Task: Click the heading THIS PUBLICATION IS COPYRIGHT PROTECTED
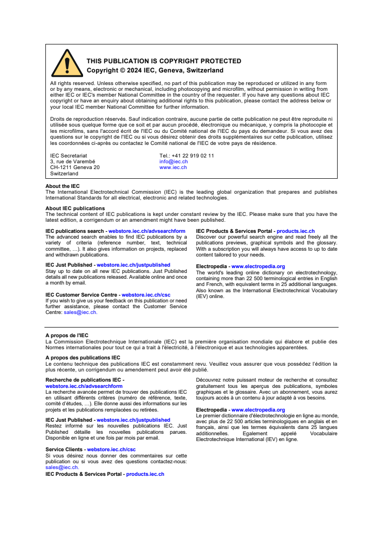164,61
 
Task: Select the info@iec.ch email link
173,162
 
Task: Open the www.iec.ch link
173,168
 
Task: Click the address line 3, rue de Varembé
72,162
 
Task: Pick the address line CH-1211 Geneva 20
75,168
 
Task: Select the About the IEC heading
63,186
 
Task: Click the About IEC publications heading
75,209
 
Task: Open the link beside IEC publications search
147,231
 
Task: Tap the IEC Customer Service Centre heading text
81,295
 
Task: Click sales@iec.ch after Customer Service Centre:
80,313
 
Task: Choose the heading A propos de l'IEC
67,335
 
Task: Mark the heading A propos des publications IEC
83,358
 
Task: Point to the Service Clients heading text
64,449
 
